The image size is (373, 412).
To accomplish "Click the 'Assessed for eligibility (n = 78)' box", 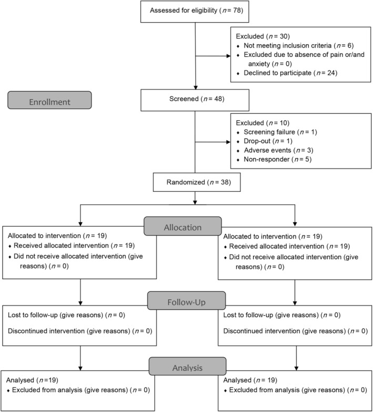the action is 195,12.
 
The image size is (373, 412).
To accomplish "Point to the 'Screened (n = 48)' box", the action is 195,100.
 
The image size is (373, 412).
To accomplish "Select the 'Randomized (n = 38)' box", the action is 197,182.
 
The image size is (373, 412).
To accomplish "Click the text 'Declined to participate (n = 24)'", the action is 290,73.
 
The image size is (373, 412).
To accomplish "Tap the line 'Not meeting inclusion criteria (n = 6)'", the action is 298,45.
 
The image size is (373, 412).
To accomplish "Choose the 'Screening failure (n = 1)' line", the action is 280,132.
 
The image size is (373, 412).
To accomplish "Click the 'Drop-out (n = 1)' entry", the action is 268,141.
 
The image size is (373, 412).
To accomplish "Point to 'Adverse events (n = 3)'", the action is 279,150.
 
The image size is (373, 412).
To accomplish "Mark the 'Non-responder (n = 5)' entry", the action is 278,159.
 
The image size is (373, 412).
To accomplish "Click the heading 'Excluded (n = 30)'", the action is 263,36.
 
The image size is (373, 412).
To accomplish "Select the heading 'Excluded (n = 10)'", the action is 263,123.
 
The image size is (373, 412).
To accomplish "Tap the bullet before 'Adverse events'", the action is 238,151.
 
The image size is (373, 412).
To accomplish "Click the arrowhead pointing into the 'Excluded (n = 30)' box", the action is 228,56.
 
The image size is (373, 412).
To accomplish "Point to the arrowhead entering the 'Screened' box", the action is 195,87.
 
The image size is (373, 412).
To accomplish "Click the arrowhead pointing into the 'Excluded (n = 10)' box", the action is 228,142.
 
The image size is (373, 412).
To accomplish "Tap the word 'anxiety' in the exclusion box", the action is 259,64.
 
